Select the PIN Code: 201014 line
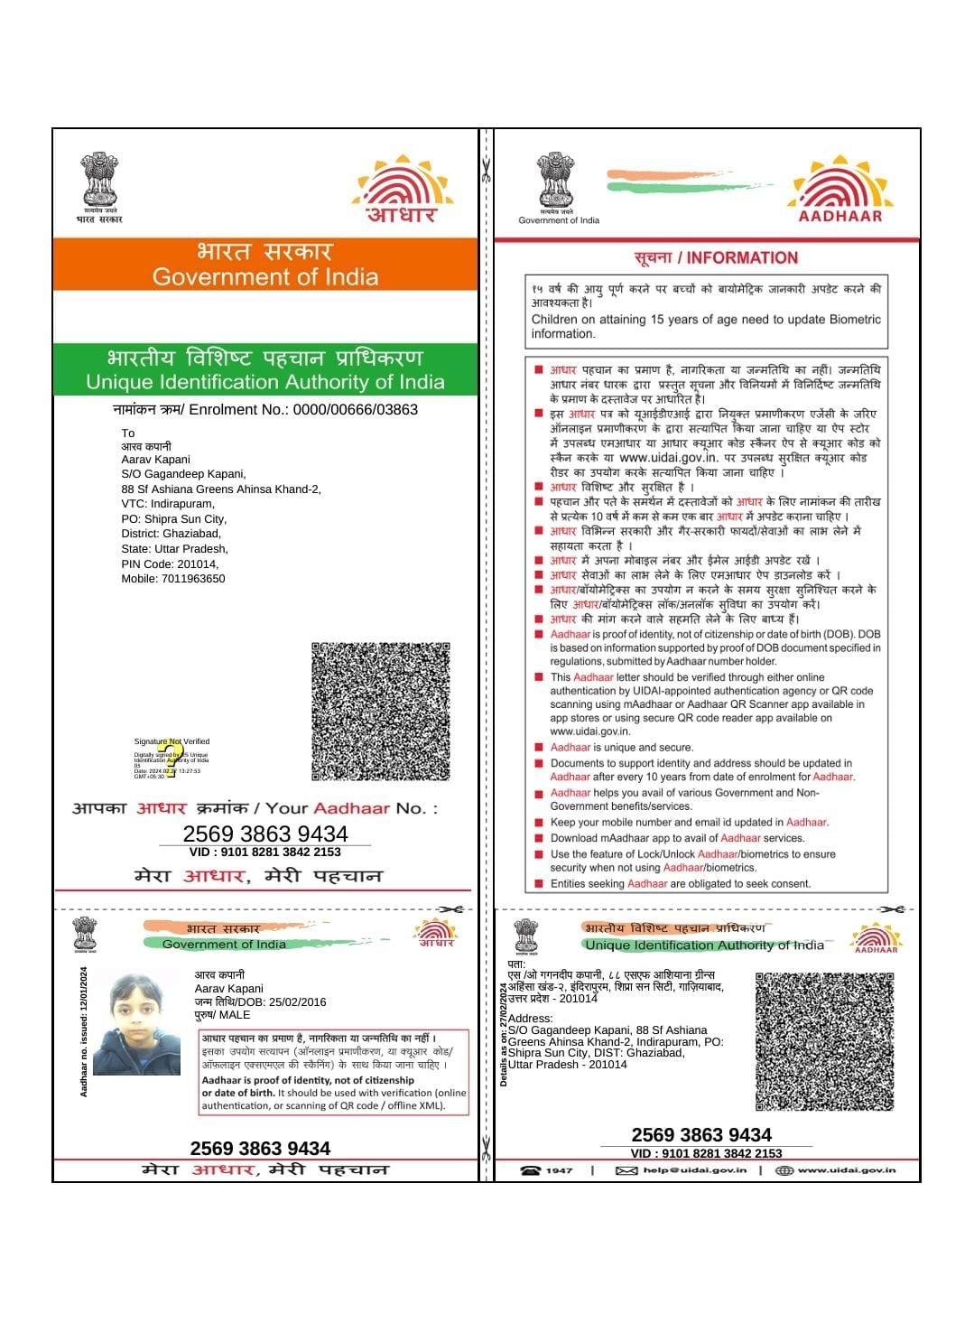tap(170, 564)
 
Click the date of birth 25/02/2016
tap(284, 1001)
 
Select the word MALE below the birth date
tap(235, 1015)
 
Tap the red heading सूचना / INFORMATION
tap(716, 258)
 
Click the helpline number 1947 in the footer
tap(559, 1170)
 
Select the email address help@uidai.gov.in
tap(694, 1170)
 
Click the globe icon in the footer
tap(784, 1170)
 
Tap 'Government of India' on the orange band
tap(264, 276)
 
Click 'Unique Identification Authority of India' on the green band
tap(264, 382)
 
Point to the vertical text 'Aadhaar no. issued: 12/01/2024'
tap(84, 1032)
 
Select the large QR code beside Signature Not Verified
tap(380, 712)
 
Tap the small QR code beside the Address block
tap(824, 1041)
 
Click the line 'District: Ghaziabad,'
tap(171, 534)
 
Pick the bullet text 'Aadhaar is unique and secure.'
tap(622, 748)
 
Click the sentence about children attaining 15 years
tap(705, 326)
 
